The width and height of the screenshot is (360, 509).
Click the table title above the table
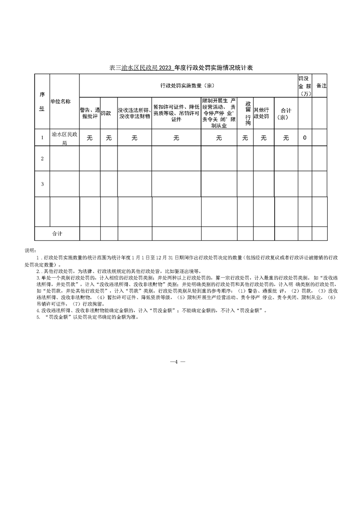click(181, 68)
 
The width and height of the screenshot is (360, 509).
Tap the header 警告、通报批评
click(89, 113)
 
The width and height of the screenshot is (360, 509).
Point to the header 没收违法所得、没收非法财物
click(134, 113)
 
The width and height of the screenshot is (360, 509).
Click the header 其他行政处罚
click(263, 113)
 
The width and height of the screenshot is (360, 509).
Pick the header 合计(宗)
click(286, 113)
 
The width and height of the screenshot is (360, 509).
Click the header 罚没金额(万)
click(304, 85)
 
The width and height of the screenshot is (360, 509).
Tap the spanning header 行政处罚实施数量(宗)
click(187, 85)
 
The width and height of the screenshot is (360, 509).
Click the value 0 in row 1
click(304, 138)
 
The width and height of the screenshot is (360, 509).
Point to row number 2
click(42, 158)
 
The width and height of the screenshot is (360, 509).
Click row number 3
click(42, 184)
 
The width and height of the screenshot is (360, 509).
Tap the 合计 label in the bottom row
click(57, 234)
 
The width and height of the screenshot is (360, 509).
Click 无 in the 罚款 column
click(108, 138)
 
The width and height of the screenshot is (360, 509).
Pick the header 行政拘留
click(245, 113)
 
